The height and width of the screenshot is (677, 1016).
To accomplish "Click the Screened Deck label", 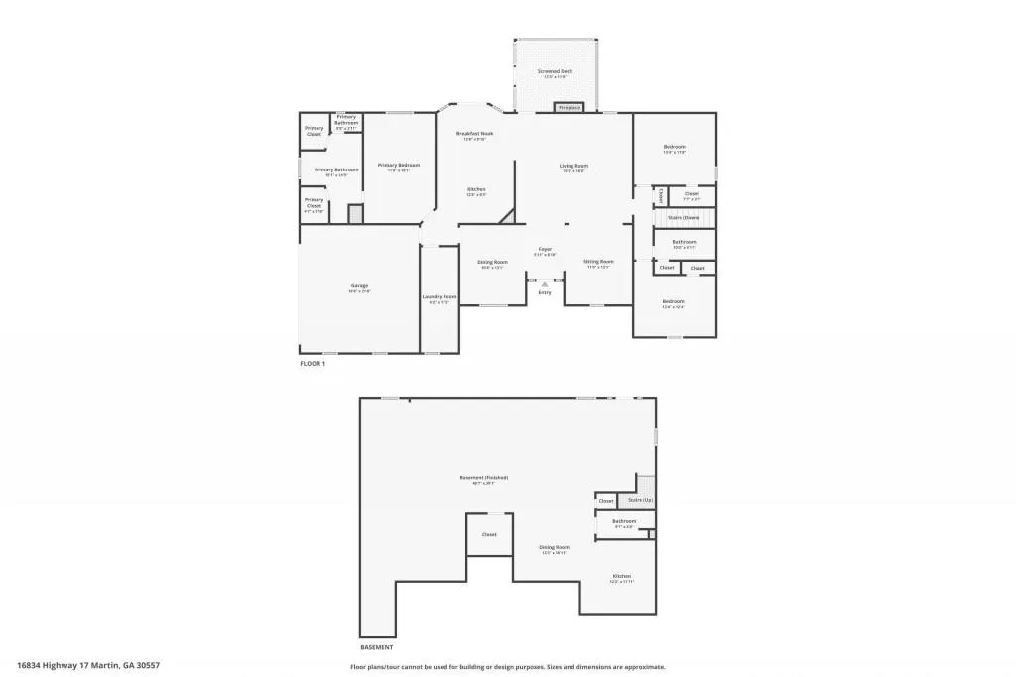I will tap(555, 71).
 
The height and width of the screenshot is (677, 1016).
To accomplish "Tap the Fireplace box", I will tap(569, 107).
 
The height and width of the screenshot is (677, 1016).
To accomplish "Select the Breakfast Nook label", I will tap(474, 133).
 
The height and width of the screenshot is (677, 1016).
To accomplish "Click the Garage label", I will tap(358, 286).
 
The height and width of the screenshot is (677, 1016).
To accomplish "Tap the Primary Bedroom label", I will tap(399, 165).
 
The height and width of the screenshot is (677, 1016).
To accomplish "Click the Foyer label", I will tap(545, 249).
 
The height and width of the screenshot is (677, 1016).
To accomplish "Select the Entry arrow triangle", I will tap(545, 283).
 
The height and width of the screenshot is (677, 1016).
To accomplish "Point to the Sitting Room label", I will tap(599, 262).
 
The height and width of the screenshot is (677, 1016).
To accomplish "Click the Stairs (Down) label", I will tap(684, 217).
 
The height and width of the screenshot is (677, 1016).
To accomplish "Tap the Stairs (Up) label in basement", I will tap(641, 501).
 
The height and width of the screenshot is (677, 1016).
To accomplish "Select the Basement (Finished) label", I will tap(477, 478).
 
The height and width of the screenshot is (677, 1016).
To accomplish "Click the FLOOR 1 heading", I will tap(313, 364).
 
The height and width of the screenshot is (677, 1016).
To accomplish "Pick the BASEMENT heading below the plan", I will tap(376, 646).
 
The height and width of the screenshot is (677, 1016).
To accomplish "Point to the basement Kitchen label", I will tap(621, 576).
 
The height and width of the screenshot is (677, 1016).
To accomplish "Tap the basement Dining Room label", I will tap(554, 547).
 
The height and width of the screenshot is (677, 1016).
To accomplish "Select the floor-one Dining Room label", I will tap(493, 262).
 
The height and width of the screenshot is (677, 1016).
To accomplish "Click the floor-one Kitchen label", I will tap(476, 188).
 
